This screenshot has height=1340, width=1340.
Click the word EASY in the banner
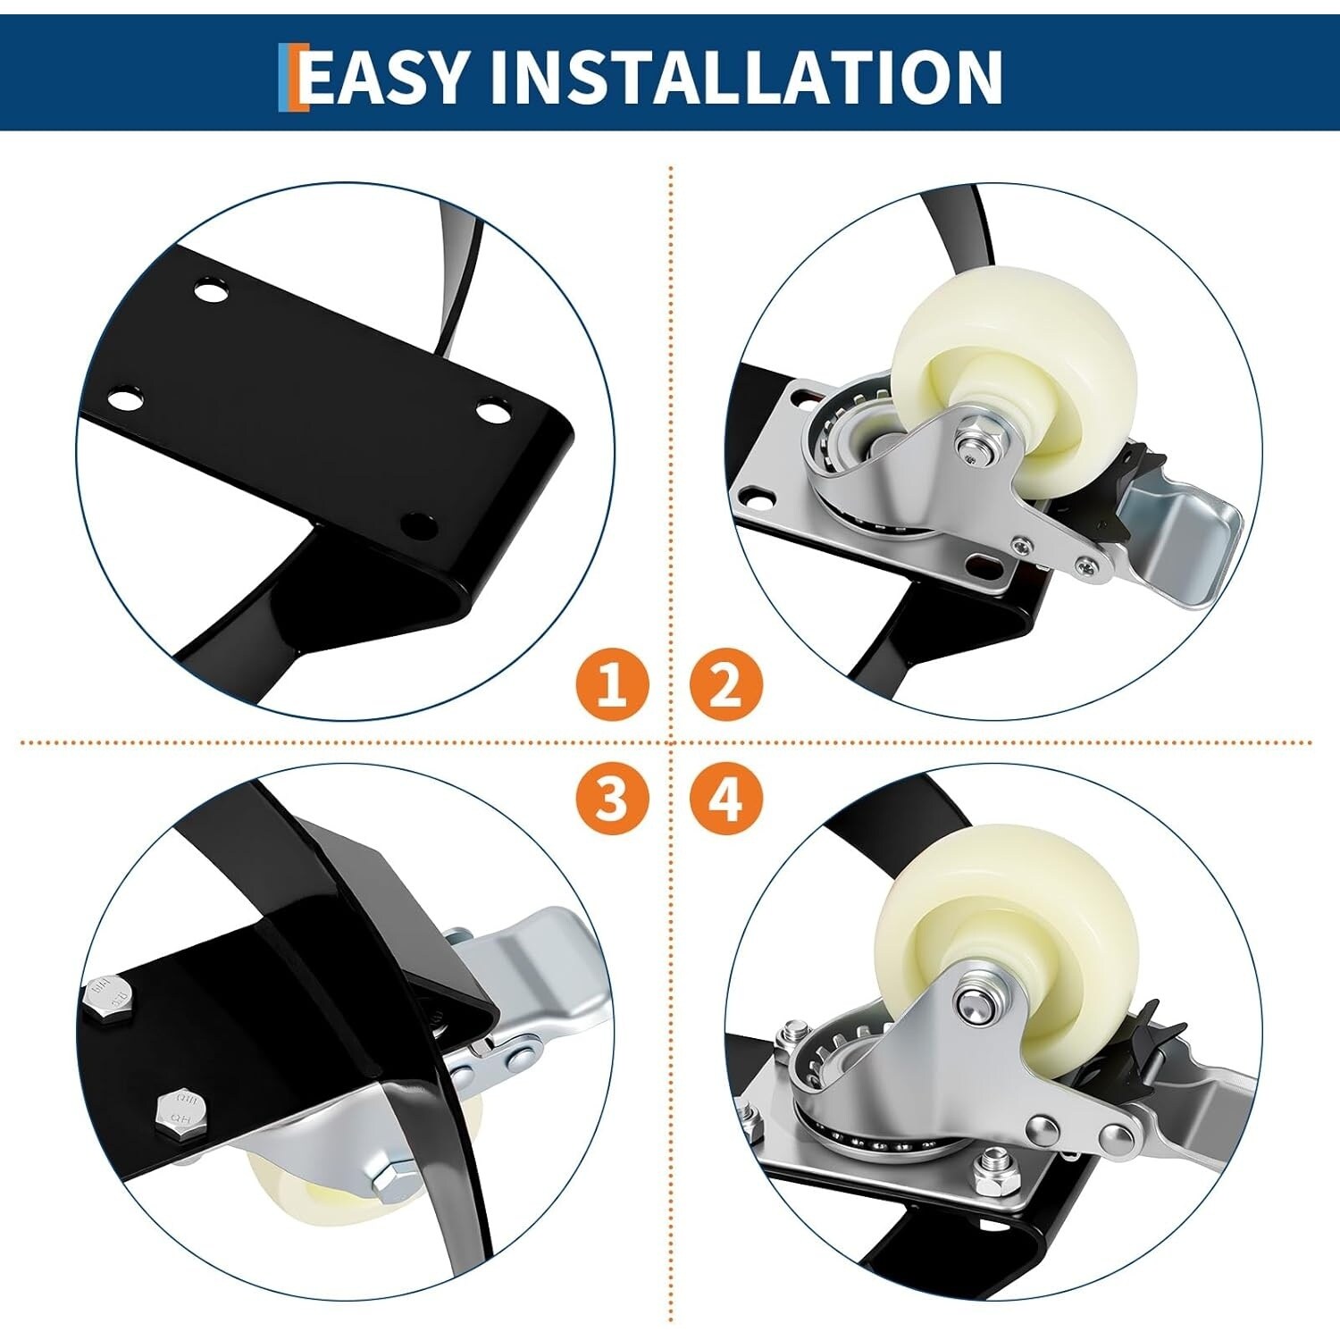[384, 77]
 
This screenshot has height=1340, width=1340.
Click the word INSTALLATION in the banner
[746, 77]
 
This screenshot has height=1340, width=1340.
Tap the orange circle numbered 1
[612, 685]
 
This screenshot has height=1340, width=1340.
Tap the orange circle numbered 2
[726, 685]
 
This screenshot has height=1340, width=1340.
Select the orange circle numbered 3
[612, 798]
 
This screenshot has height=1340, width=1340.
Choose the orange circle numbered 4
[726, 798]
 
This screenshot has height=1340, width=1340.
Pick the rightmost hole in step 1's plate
[490, 412]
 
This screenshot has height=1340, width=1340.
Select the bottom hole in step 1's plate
[418, 523]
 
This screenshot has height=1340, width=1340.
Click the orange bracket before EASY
[291, 77]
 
